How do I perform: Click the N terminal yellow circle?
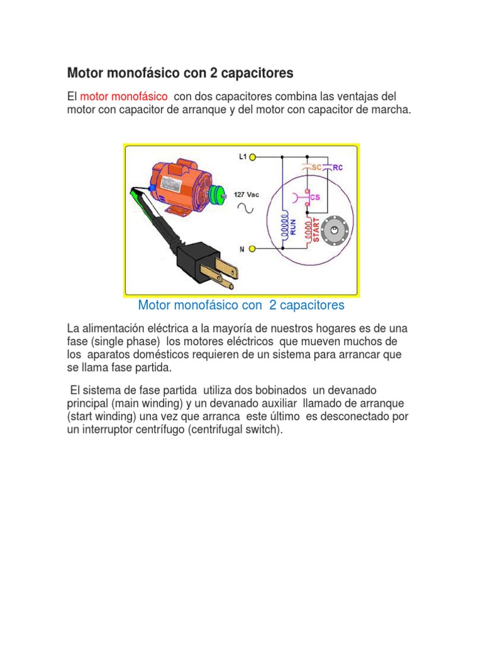point(252,249)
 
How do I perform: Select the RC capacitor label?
point(338,168)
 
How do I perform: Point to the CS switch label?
point(315,197)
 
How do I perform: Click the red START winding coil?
point(308,231)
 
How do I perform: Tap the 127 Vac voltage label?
point(246,194)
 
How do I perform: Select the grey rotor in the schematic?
point(335,231)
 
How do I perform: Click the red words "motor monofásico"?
point(123,96)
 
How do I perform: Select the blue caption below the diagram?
point(241,305)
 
